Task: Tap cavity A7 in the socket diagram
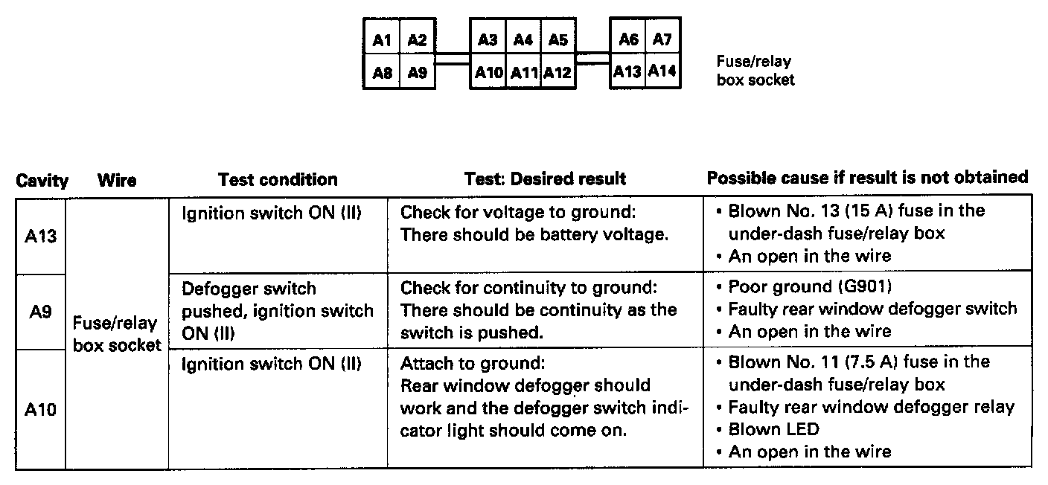662,40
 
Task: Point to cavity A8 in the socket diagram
381,74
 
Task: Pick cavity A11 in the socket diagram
523,74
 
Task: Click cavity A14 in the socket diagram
662,72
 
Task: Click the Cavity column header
42,180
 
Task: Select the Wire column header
117,180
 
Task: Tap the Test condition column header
278,179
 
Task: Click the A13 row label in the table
41,237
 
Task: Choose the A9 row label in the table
42,312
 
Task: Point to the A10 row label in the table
41,409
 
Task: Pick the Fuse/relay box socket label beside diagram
755,71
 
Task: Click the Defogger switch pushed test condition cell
278,311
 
